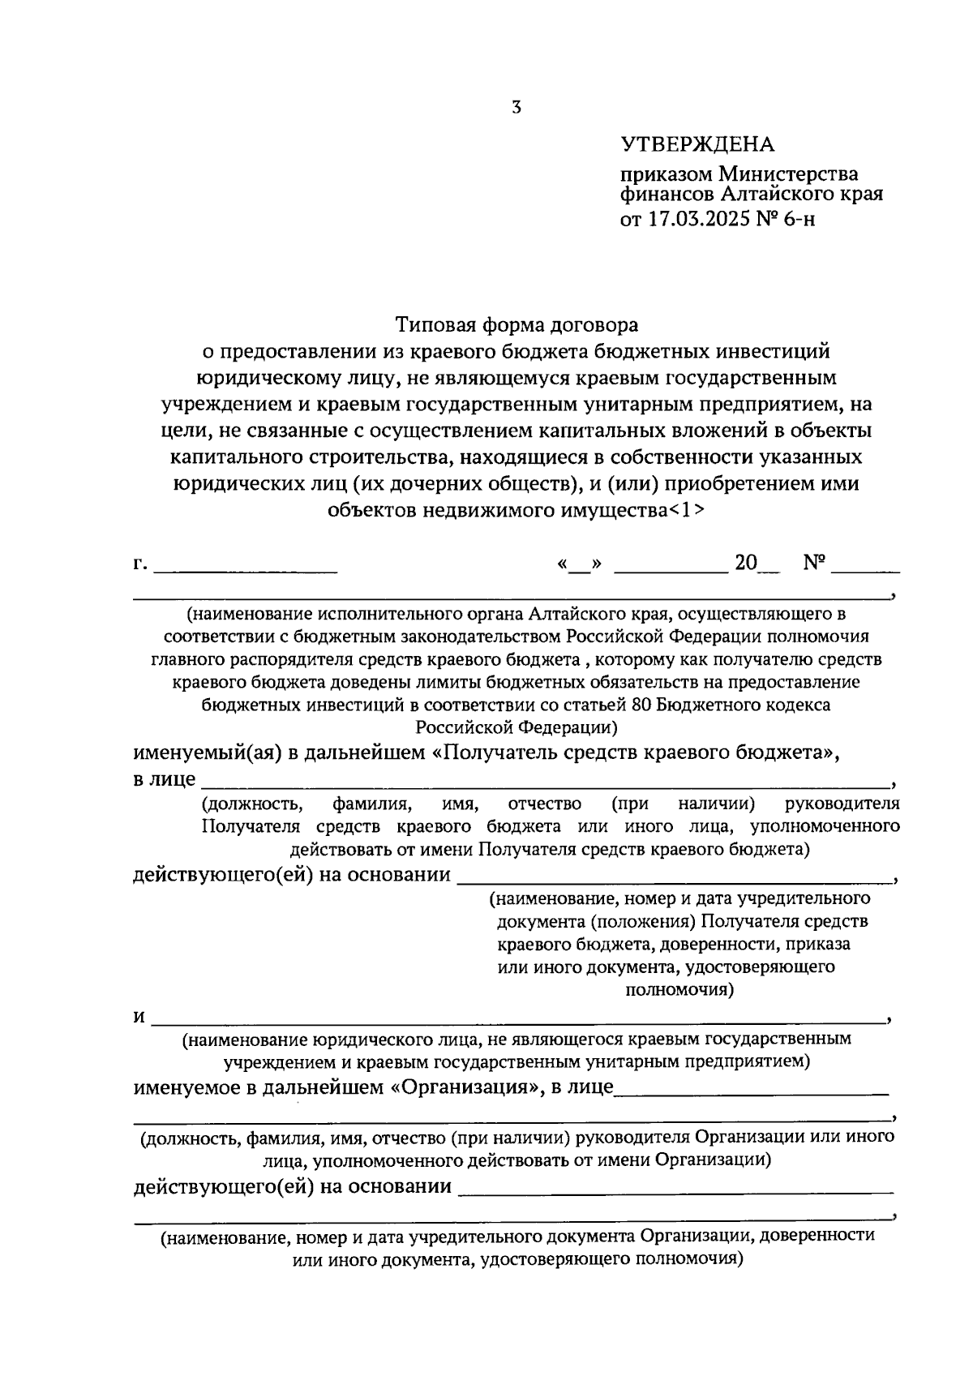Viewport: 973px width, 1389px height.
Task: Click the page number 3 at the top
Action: [517, 107]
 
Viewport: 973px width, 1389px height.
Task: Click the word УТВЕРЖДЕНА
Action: [697, 145]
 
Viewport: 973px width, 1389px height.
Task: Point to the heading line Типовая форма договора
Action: [517, 325]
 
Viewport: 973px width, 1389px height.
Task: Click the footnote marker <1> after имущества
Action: [688, 511]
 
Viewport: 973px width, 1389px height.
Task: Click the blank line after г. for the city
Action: [245, 568]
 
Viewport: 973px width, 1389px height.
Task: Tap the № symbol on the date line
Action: [814, 563]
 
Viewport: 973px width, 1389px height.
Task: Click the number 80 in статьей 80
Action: [641, 704]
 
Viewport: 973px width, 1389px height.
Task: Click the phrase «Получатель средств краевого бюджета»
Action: [634, 752]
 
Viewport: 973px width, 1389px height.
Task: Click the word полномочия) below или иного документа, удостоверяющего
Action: [679, 989]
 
